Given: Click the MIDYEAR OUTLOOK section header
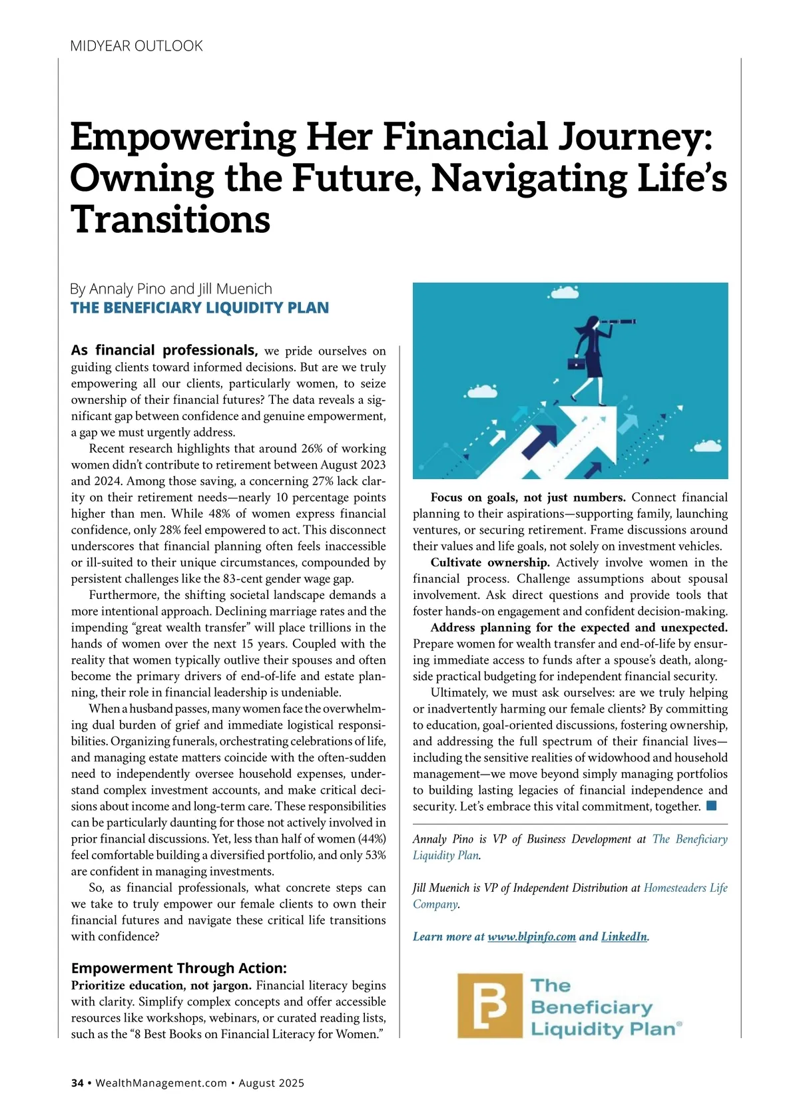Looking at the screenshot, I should [x=136, y=46].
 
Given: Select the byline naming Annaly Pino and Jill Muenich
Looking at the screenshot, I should [x=171, y=289].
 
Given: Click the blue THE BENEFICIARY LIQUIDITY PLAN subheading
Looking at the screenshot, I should [x=200, y=307].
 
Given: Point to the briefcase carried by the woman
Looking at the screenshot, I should [x=573, y=363].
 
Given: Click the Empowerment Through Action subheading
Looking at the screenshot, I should [x=178, y=968].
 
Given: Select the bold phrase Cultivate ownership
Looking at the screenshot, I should [x=490, y=562].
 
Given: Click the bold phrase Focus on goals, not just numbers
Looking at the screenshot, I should [x=527, y=497].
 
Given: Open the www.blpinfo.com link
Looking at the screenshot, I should [x=531, y=936].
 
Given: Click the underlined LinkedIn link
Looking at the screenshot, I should [x=624, y=936].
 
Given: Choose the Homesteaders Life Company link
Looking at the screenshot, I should [x=685, y=888].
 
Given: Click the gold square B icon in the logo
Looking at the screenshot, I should [x=490, y=1006].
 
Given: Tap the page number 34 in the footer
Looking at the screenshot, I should [x=77, y=1083].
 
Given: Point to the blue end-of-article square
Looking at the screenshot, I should [x=711, y=806].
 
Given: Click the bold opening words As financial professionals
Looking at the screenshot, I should [x=164, y=350].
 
